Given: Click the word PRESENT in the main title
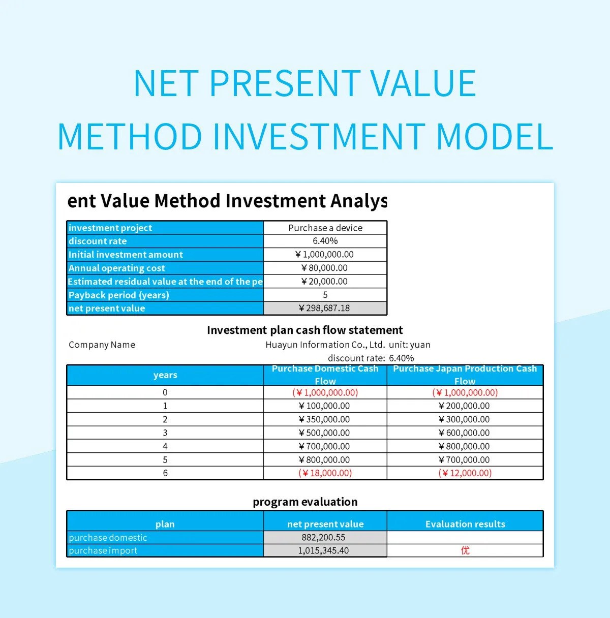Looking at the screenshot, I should coord(285,84).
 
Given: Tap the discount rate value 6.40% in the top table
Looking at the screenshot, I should coord(325,241).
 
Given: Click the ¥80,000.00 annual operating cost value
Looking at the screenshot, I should coord(325,268).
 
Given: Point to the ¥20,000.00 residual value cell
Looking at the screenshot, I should coord(325,282).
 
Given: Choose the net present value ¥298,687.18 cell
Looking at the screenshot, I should coord(325,308).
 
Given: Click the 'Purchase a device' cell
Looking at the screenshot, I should coord(325,228).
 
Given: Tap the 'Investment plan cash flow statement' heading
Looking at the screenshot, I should coord(304,330).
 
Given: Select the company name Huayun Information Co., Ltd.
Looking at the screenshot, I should coord(325,345).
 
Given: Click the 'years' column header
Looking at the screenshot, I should coord(165,375).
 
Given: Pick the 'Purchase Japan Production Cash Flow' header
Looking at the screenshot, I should coord(465,375).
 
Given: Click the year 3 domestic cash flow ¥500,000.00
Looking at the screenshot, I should coord(325,433).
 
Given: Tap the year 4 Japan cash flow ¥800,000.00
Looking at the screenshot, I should coord(465,446).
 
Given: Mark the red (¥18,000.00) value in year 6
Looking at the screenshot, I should coord(325,473).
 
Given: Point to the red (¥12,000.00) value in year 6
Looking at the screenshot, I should coord(465,473).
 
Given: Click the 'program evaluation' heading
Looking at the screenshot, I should coord(305,502).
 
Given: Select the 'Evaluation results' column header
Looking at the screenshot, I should coord(465,524).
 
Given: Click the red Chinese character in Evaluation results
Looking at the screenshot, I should coord(465,550).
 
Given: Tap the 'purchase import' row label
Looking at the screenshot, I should coord(103,550).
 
